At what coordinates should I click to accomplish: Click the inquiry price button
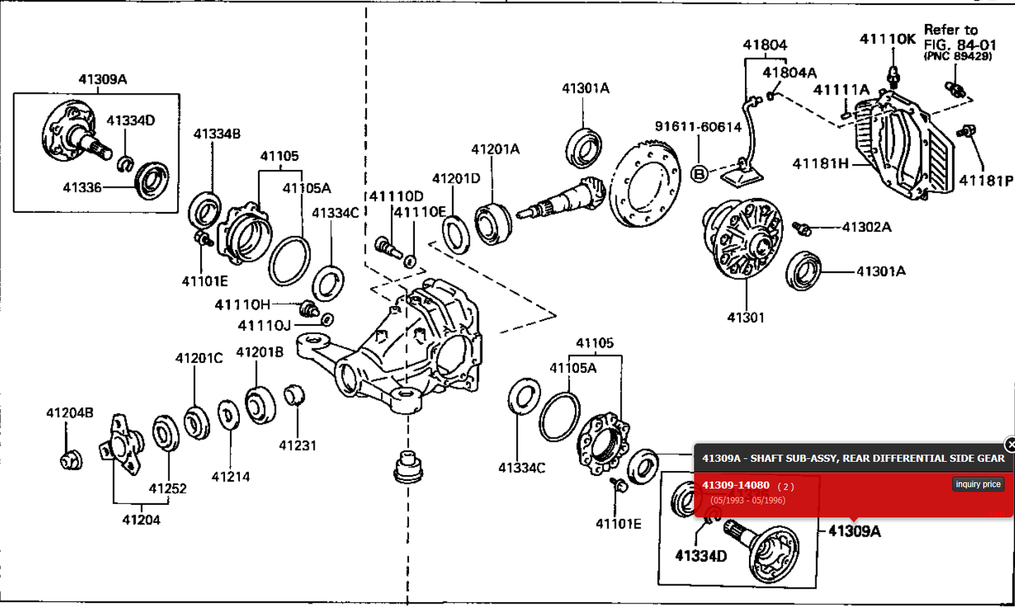coord(978,484)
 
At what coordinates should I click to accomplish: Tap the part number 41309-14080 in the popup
coord(736,485)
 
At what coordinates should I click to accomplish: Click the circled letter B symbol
coord(698,173)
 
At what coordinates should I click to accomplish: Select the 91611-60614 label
coord(698,127)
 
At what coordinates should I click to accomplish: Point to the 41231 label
coord(298,446)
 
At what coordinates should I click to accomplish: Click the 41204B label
coord(70,413)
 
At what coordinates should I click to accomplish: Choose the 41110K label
coord(887,39)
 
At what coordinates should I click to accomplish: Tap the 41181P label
coord(985,181)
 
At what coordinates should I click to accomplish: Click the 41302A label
coord(866,227)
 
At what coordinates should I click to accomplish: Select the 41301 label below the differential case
coord(746,318)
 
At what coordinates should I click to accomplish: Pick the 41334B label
coord(217,134)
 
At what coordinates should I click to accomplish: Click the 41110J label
coord(265,326)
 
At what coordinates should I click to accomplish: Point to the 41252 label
coord(168,489)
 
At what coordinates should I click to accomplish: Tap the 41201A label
coord(495,149)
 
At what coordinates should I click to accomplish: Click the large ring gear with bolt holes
coord(645,185)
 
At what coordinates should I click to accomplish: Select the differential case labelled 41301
coord(744,239)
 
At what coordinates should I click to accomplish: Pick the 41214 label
coord(231,477)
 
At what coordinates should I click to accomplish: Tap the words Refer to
coord(951,30)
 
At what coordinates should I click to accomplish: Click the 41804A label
coord(789,73)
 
